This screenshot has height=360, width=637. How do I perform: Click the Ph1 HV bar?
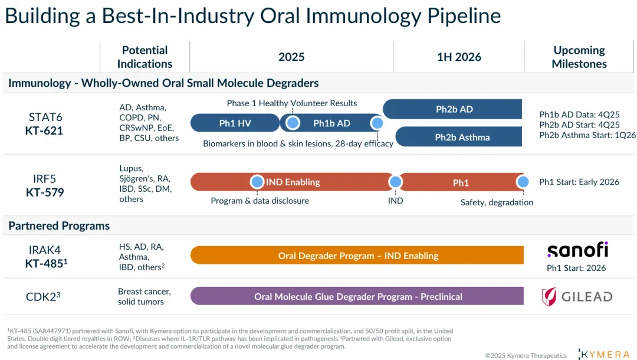(235, 123)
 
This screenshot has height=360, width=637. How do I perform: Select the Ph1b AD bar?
(331, 123)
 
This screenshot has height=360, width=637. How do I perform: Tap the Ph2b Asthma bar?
(462, 137)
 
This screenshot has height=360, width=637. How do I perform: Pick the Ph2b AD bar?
(454, 109)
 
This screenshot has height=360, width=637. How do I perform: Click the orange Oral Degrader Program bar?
(357, 256)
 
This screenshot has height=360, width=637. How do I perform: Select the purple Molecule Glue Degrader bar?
(357, 296)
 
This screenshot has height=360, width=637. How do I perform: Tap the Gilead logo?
(577, 296)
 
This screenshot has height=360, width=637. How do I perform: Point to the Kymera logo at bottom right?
(605, 354)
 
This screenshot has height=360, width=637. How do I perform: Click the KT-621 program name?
(44, 130)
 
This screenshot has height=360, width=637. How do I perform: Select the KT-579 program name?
(44, 192)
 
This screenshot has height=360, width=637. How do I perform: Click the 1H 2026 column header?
(459, 57)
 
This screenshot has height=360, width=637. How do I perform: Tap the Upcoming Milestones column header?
(579, 57)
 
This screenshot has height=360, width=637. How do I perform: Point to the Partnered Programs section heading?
(59, 225)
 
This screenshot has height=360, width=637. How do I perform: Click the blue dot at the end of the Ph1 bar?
(522, 182)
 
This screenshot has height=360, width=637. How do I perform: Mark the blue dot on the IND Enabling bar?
(257, 182)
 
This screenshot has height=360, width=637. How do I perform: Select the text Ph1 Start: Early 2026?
(579, 182)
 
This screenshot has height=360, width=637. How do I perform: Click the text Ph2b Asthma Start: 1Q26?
(587, 135)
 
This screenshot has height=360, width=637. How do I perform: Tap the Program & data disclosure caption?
(260, 201)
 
